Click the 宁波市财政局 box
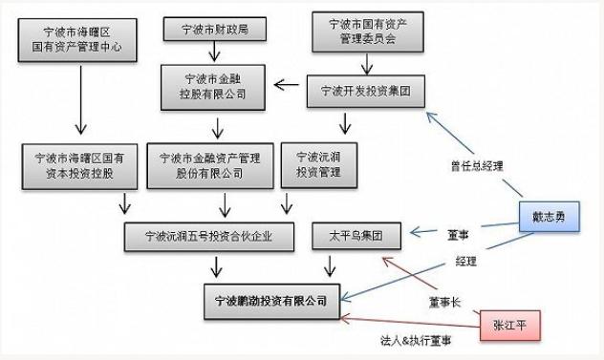215,29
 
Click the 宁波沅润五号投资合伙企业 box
214,236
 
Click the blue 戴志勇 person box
550,218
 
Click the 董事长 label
446,302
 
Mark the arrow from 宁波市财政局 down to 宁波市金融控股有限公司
216,53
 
